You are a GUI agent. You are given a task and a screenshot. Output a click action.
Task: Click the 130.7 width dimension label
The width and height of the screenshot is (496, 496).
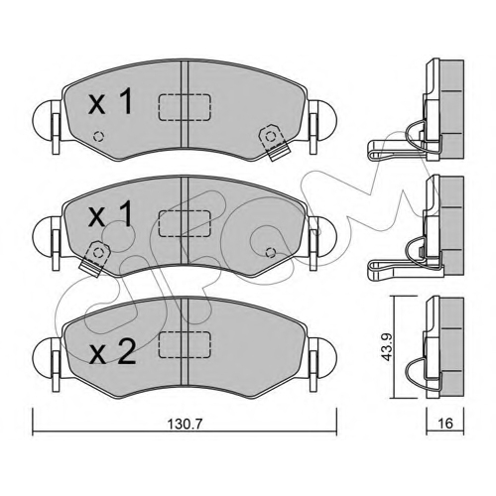(185, 424)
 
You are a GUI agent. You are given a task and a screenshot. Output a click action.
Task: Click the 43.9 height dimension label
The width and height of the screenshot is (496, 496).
(386, 346)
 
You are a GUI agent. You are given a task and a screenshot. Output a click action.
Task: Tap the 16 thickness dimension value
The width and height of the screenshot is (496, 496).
(445, 423)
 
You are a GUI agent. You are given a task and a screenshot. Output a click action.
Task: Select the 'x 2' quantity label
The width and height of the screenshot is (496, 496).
(113, 353)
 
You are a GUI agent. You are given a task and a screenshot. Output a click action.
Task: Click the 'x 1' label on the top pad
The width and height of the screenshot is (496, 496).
(111, 102)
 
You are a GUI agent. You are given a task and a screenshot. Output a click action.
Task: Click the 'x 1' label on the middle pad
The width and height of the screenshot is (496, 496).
(111, 214)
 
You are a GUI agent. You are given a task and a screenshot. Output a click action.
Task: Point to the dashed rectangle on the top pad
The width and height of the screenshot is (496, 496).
(185, 107)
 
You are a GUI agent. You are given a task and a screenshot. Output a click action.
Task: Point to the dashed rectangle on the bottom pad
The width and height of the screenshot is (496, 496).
(185, 344)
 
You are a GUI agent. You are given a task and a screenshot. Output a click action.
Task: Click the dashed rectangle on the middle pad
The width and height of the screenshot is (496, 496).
(185, 223)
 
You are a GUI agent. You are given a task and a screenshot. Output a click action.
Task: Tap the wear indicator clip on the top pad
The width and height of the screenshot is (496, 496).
(273, 142)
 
